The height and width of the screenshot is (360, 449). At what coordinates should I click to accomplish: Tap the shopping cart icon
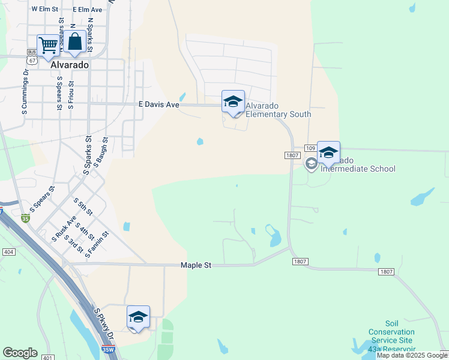pos(48,44)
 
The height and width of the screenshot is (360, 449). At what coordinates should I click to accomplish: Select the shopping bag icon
pos(75,43)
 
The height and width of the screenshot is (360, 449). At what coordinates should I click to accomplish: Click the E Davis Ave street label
pos(159,104)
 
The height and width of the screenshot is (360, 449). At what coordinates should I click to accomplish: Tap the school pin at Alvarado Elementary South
pos(233,101)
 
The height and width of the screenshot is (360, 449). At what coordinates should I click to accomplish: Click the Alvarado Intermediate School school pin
pos(328,152)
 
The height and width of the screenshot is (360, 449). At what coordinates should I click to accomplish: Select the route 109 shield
pos(310,148)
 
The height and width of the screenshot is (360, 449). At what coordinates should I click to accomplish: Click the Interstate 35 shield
pos(25,219)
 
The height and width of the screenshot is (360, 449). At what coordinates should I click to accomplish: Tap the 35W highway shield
pos(107,349)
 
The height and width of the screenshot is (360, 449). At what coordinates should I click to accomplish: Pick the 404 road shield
pos(8,252)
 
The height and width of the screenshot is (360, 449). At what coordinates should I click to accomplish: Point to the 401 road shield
pos(46,358)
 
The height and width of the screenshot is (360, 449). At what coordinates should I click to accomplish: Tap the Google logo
pos(20,353)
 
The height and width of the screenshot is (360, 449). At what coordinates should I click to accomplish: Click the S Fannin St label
pos(97,245)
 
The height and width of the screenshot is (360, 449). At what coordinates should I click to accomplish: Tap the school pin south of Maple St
pos(138,317)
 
